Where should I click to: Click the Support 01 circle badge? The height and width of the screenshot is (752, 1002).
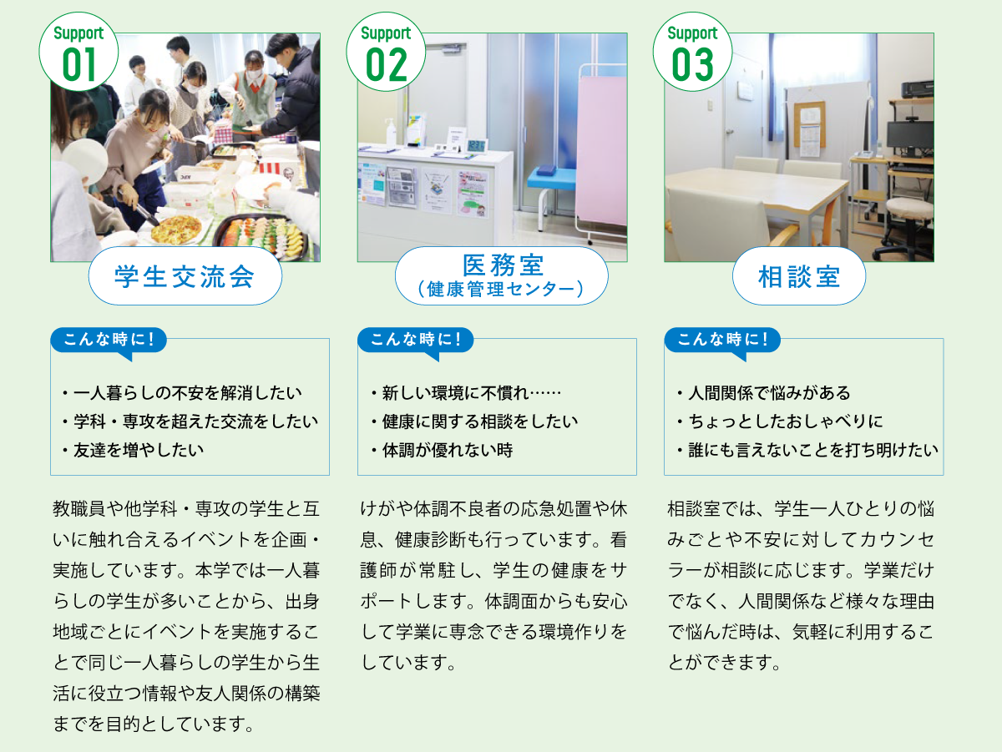pos(78,52)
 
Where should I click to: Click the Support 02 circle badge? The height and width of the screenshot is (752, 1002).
pos(386,52)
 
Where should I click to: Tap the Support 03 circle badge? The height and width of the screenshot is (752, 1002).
pos(692,52)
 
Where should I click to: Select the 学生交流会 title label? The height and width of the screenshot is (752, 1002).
pos(185,276)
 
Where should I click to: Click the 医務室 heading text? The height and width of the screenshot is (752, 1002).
pos(503,265)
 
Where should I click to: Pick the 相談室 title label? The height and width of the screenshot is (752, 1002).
pos(799,276)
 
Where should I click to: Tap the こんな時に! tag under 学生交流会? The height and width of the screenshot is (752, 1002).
pos(109,341)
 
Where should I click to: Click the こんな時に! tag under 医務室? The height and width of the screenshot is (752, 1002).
pos(415,341)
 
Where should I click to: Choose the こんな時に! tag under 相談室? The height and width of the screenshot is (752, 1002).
pos(722,341)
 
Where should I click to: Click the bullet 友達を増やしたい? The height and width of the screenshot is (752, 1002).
pos(134,450)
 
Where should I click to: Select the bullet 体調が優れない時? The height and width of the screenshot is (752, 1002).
pos(442,450)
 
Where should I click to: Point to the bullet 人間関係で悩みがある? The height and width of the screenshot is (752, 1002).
pos(764,392)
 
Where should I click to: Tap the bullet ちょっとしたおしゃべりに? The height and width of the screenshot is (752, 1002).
pos(780,421)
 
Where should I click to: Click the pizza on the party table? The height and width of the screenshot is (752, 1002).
pos(176,229)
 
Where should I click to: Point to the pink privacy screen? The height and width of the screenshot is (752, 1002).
pos(601,150)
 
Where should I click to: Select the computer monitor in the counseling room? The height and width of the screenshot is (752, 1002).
pos(910,137)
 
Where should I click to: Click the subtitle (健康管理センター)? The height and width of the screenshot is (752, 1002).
pos(501,290)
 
